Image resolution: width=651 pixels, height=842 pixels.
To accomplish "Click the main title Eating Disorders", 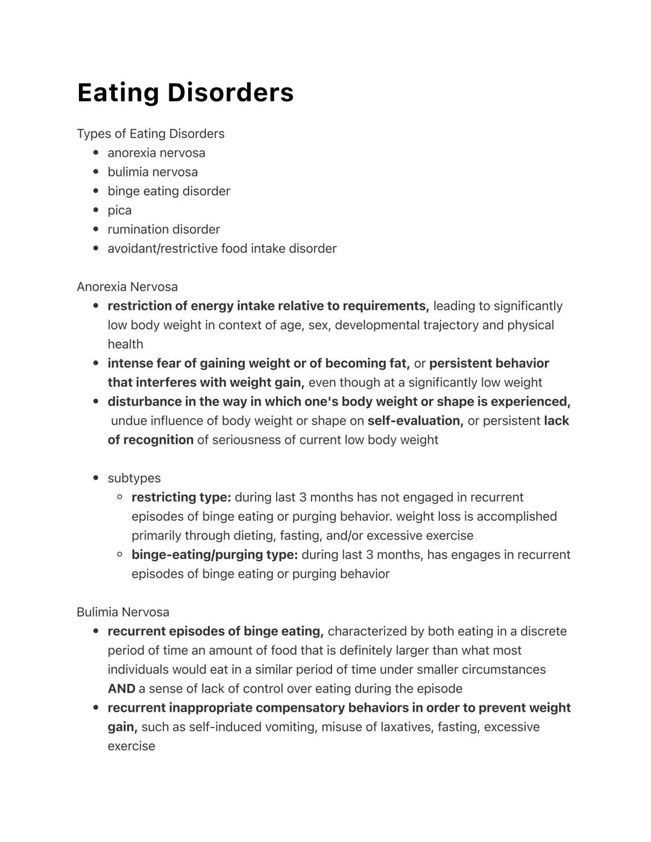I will [x=185, y=93].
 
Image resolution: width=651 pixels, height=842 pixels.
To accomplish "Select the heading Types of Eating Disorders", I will [x=150, y=134].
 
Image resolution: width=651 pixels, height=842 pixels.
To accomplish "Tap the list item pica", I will [x=119, y=210].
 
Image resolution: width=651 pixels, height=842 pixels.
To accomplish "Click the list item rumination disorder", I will [x=163, y=230].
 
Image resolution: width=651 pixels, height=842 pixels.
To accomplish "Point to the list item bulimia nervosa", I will [x=153, y=172].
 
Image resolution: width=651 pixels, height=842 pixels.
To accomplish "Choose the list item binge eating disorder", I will [x=169, y=191].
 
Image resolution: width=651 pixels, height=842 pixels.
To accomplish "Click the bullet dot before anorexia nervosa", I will [x=96, y=153].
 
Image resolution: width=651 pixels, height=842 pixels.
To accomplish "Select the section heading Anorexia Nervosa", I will [x=127, y=287].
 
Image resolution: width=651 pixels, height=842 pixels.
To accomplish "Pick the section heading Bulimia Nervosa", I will [x=122, y=612].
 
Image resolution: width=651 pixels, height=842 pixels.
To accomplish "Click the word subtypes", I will [x=134, y=479].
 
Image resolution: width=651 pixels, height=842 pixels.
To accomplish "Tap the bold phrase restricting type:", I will [x=181, y=498].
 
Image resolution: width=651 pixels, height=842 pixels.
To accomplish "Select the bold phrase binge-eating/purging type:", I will [x=215, y=555].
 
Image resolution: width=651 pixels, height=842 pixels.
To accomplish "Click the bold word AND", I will [x=121, y=689].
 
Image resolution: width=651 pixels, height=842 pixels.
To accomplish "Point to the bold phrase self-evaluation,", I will [x=415, y=421].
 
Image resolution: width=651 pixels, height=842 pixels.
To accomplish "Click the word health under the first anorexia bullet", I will [x=125, y=345].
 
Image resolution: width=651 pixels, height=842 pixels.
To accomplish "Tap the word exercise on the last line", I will [x=131, y=746].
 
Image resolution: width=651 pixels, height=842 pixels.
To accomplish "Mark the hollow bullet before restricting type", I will [x=120, y=497].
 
